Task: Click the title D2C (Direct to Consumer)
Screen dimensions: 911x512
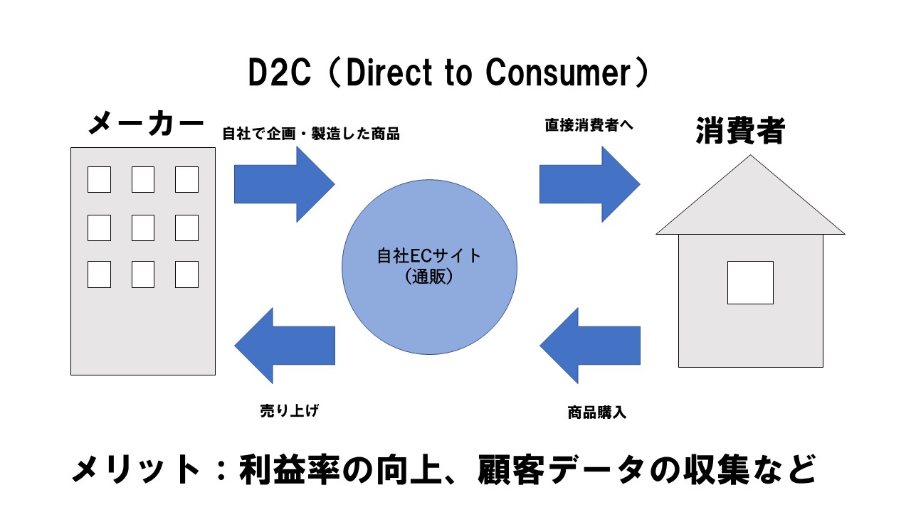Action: [448, 73]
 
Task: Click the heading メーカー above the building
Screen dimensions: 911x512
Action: [146, 123]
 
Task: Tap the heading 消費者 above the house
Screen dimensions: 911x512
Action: [740, 131]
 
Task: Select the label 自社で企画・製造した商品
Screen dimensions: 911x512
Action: [311, 134]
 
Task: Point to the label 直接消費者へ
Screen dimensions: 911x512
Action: [589, 125]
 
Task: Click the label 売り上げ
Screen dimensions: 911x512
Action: [290, 411]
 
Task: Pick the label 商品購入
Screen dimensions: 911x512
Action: [596, 412]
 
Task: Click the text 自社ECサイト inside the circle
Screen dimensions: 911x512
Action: [429, 256]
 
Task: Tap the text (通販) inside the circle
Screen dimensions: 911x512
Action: [429, 277]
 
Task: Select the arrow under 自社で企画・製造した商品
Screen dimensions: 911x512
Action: [285, 184]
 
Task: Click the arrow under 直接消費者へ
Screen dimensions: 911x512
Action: [590, 184]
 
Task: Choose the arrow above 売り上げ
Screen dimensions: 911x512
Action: [285, 346]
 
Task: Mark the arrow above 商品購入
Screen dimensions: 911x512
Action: [590, 346]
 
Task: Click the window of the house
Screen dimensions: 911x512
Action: [750, 283]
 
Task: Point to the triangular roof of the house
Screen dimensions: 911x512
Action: [750, 203]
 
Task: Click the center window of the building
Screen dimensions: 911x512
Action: [143, 228]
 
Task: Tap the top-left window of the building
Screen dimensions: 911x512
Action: [99, 180]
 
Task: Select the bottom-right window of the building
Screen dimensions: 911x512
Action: [186, 274]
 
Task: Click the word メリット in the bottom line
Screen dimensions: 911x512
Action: [135, 470]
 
